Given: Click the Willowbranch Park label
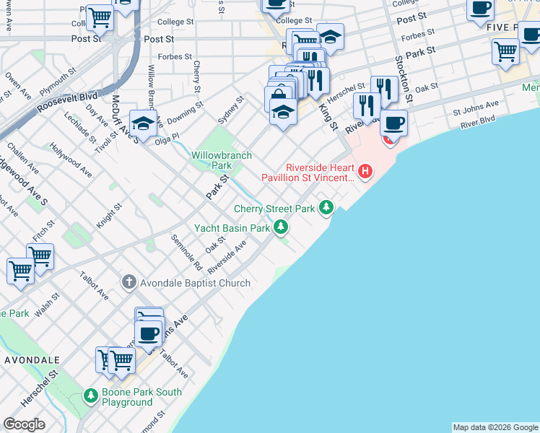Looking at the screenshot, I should (211, 160).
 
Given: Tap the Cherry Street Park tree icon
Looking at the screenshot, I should (327, 208).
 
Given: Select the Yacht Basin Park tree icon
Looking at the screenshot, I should (281, 228).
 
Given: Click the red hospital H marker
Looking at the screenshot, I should (366, 172).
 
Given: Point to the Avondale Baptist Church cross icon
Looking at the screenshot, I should (129, 282).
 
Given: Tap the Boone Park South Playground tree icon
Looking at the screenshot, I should (91, 395).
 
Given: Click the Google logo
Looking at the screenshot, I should (25, 424).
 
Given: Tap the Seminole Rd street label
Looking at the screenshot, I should (186, 252).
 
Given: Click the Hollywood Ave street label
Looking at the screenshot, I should (71, 160).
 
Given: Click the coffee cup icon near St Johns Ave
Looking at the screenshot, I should (149, 334).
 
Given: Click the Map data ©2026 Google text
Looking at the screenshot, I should (495, 427).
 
